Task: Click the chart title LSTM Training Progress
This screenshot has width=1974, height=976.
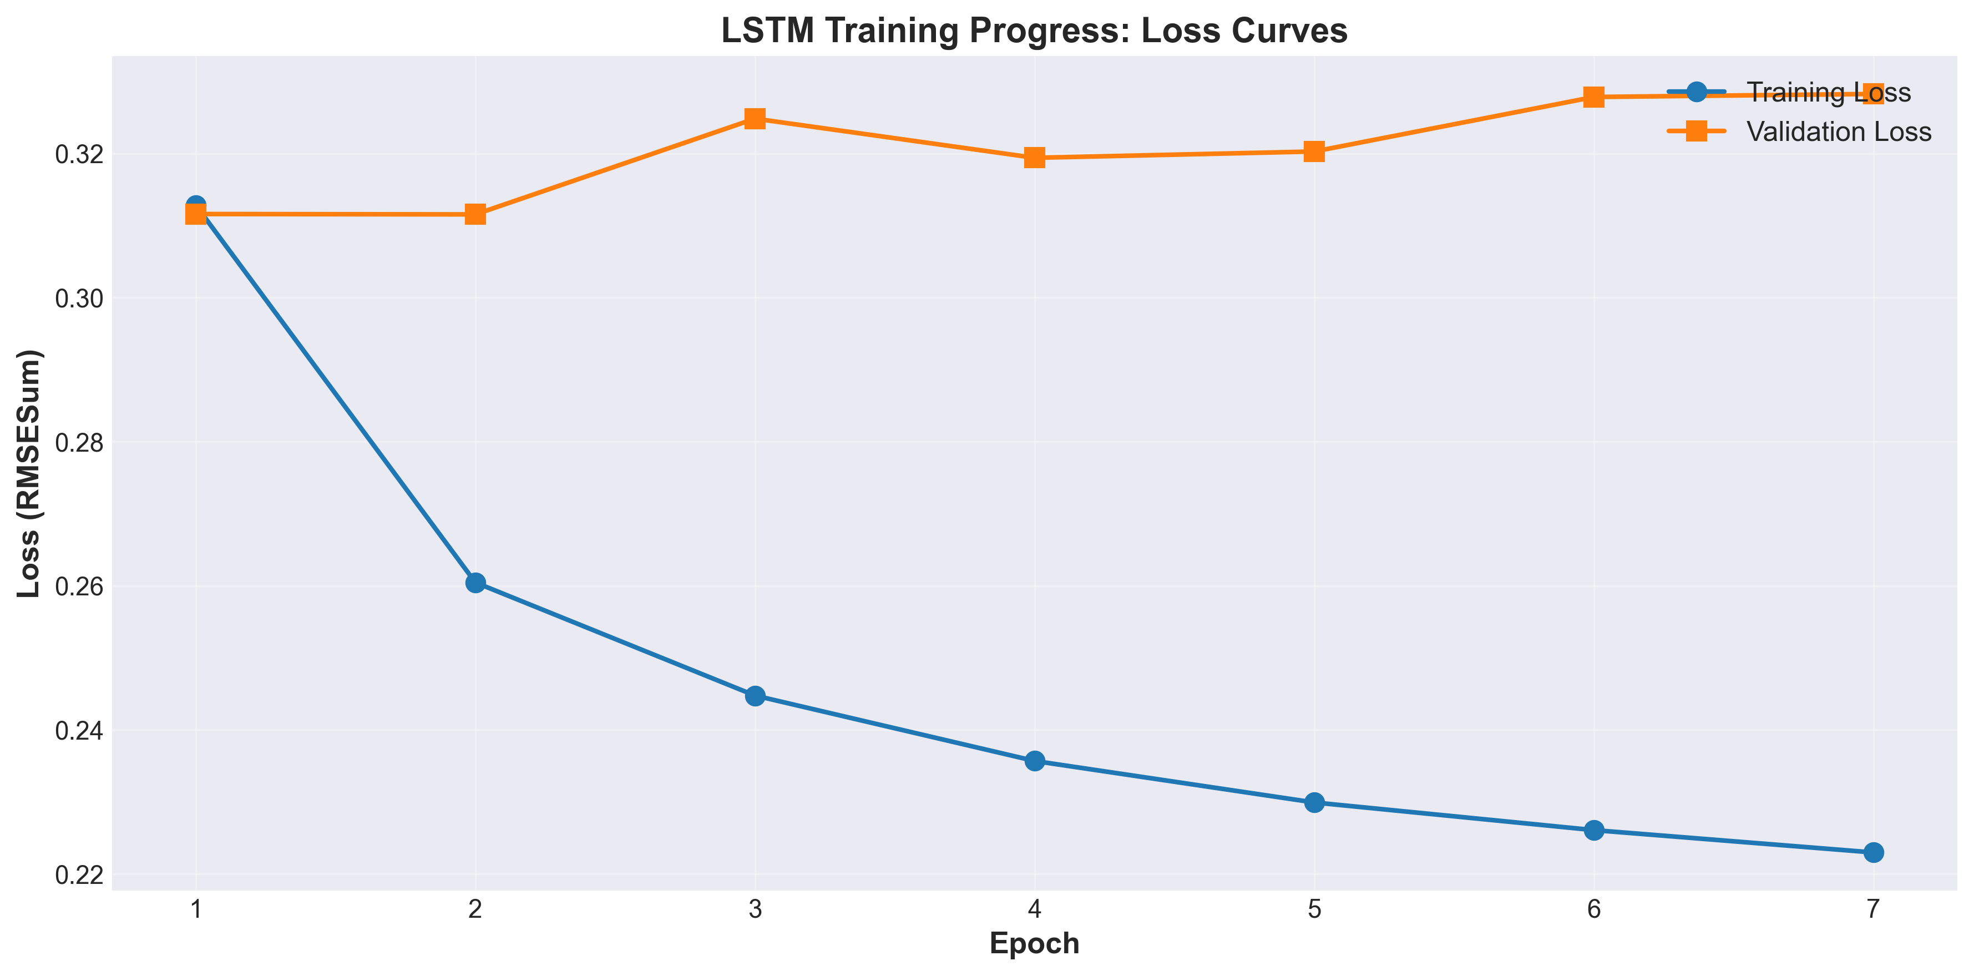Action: pyautogui.click(x=1034, y=31)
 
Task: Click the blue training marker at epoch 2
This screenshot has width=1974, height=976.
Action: pyautogui.click(x=475, y=583)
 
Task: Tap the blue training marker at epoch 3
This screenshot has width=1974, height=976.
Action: pyautogui.click(x=755, y=696)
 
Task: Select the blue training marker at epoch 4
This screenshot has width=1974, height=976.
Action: pyautogui.click(x=1035, y=761)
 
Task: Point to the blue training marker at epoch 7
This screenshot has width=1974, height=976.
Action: pyautogui.click(x=1873, y=853)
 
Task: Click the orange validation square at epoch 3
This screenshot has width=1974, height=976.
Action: pyautogui.click(x=755, y=119)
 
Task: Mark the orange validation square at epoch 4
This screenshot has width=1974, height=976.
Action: pyautogui.click(x=1035, y=158)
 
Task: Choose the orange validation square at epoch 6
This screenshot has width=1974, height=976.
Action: pyautogui.click(x=1594, y=97)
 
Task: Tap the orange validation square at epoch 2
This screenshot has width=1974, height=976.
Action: pyautogui.click(x=475, y=215)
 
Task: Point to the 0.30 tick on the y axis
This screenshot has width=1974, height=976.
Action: pyautogui.click(x=79, y=299)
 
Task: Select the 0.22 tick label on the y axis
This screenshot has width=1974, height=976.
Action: pyautogui.click(x=79, y=875)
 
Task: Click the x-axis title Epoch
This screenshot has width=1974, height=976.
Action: pyautogui.click(x=1034, y=943)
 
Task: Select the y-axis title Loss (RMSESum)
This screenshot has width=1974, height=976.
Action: pyautogui.click(x=29, y=473)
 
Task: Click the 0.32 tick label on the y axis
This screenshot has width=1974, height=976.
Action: pyautogui.click(x=79, y=155)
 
